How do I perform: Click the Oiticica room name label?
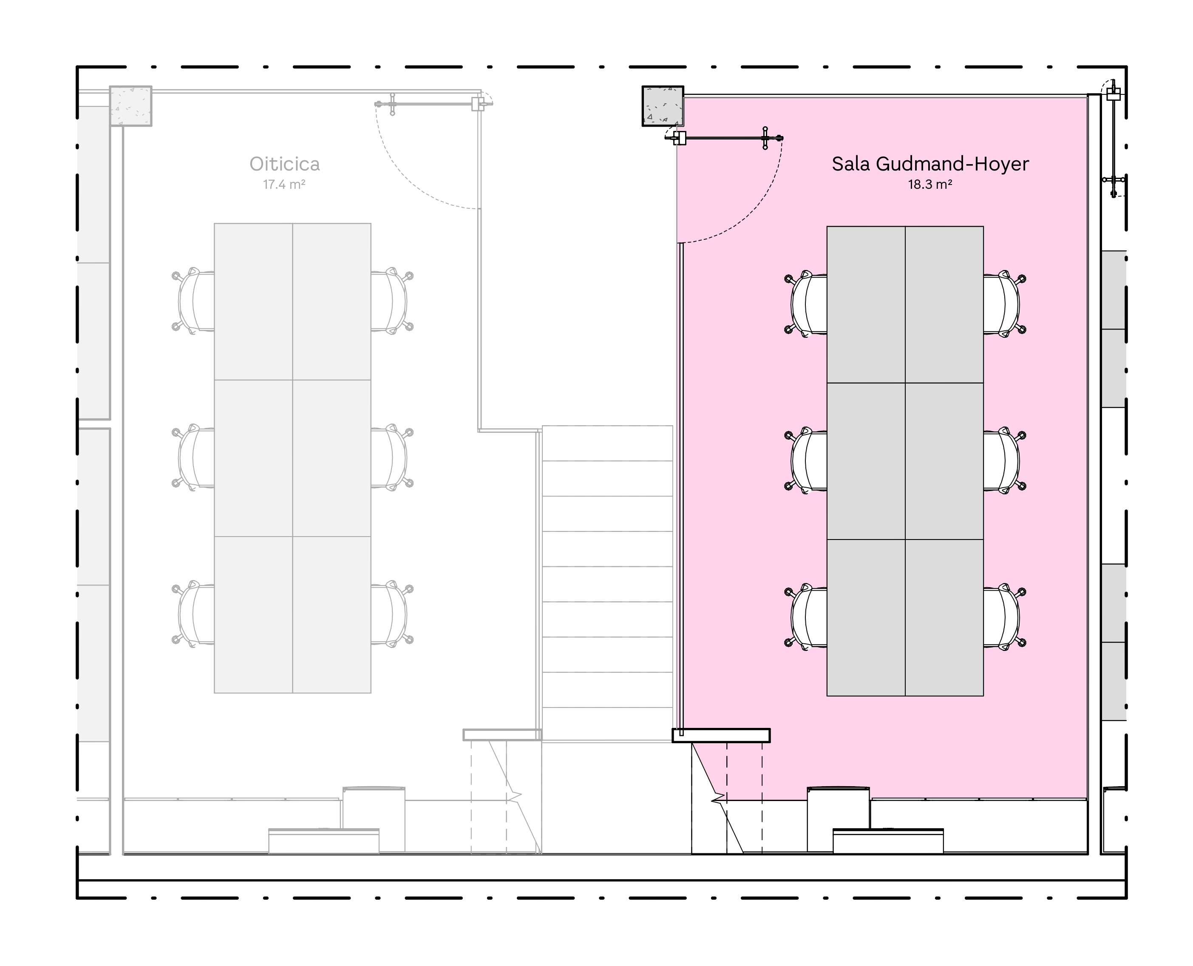coord(284,164)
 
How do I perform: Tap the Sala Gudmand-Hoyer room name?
coord(930,164)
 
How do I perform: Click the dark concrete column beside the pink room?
coord(663,106)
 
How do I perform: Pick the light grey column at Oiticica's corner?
coord(131,106)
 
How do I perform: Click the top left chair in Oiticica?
coord(193,301)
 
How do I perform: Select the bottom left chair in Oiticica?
coord(193,614)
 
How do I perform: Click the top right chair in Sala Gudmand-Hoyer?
coord(1004,304)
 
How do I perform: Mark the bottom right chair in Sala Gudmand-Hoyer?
coord(1004,617)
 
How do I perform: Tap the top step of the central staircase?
coord(607,443)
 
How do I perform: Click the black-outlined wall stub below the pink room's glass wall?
coord(721,736)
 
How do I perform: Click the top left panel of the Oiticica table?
coord(254,301)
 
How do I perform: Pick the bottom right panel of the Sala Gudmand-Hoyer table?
coord(944,618)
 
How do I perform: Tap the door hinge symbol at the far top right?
coord(1113,94)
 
